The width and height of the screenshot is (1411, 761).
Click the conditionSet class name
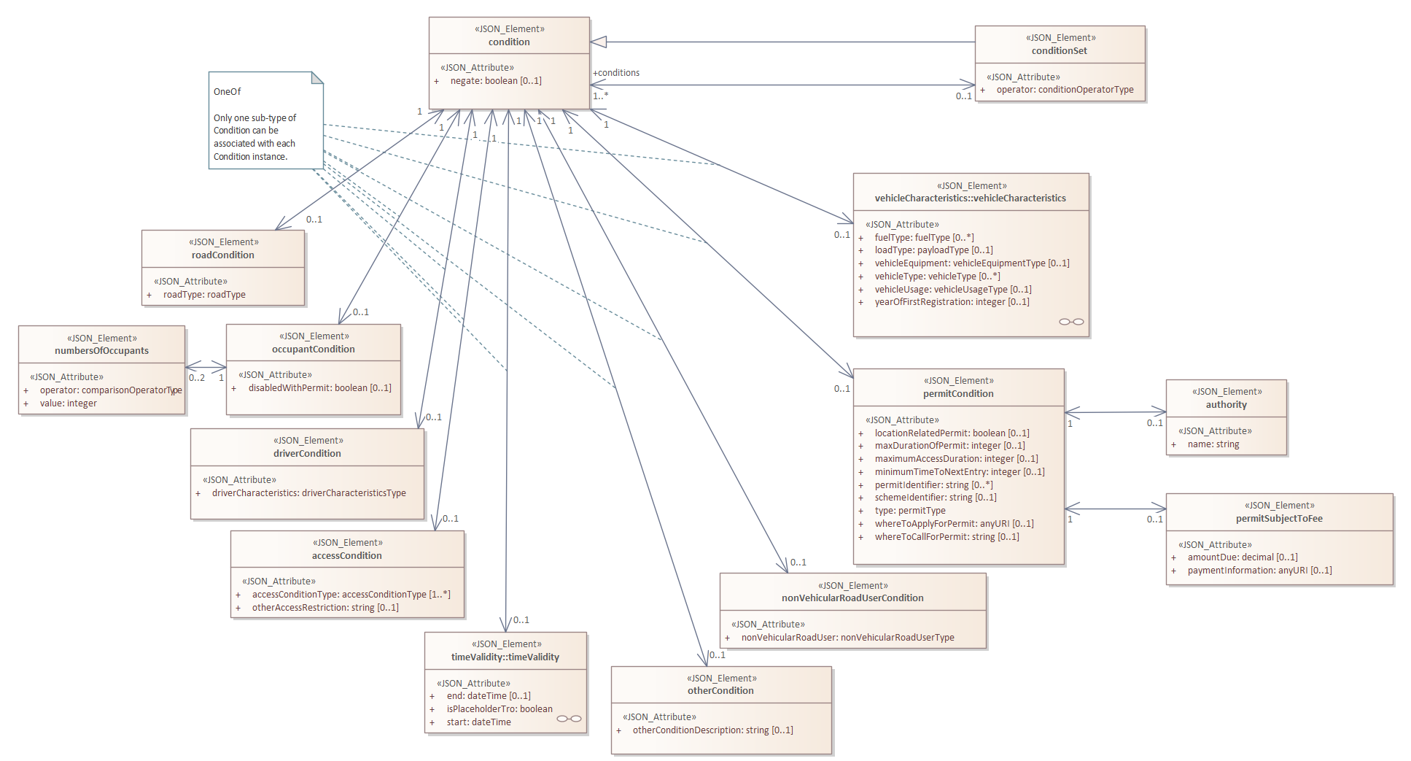1059,51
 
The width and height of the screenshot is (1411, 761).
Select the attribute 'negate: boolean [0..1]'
496,81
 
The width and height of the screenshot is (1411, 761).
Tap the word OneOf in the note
227,92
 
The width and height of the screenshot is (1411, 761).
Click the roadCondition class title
223,255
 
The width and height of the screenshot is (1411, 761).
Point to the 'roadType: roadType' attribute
204,295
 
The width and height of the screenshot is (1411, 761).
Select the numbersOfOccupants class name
101,351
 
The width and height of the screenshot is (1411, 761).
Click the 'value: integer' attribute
68,403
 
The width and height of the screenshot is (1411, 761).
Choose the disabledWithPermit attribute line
319,388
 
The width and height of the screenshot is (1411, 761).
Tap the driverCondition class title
307,454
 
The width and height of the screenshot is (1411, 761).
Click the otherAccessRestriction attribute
325,608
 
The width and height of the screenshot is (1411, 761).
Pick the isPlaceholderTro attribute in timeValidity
500,709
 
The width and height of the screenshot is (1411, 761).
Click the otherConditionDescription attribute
712,730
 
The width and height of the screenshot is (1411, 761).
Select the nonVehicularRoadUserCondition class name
852,598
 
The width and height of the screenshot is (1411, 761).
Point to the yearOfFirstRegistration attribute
952,302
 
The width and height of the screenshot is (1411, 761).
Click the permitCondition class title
958,394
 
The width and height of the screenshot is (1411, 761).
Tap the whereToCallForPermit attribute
947,537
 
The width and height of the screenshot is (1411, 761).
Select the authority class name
1226,405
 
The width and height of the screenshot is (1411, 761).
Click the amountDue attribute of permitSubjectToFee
1243,557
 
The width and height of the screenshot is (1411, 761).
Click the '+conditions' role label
616,73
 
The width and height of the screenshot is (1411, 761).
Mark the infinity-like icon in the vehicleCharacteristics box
1071,322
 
